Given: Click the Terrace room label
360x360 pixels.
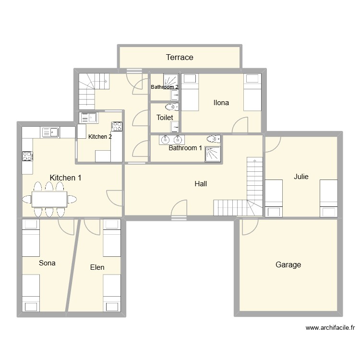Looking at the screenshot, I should pos(180,58).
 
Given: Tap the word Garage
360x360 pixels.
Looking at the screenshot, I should pos(288,264).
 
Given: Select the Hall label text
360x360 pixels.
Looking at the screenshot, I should pos(201,183).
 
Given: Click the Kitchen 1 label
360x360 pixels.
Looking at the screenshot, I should pos(65,178).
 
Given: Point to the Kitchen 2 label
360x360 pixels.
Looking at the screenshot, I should pos(100,137).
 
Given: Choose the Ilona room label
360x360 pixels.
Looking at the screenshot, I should pos(221,102).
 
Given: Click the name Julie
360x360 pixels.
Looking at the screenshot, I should pos(301,177).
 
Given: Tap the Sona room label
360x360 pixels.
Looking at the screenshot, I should pos(47,263).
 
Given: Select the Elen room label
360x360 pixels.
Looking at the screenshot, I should pos(97,267).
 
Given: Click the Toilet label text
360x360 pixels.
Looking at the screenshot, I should pos(164,117).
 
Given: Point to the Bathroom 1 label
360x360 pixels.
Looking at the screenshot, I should pos(185,148).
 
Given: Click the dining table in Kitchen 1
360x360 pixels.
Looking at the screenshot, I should pos(49,199).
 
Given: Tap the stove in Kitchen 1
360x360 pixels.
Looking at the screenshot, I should pos(27,156).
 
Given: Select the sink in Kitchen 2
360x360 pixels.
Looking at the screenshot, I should pos(89,117).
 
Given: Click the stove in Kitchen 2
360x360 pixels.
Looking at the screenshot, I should pos(116,126).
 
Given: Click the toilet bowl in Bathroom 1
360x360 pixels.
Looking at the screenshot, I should pos(211,139).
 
